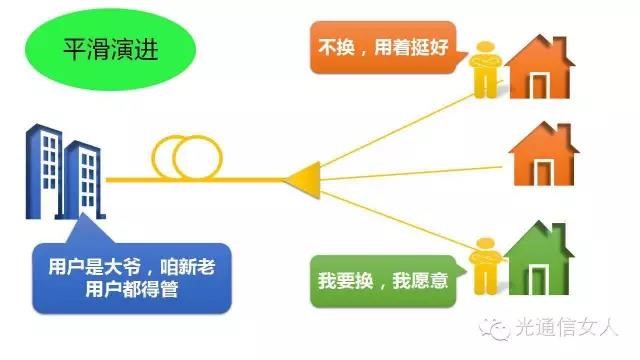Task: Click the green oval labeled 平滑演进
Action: click(x=110, y=49)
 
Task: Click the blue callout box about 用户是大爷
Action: click(x=132, y=278)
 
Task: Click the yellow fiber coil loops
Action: click(x=187, y=158)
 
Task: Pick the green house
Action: click(x=539, y=258)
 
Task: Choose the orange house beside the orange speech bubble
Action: click(x=540, y=67)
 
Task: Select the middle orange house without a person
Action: click(x=544, y=154)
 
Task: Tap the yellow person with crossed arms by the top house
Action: click(x=485, y=69)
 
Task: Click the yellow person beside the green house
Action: click(x=485, y=266)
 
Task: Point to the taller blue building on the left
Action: click(x=44, y=171)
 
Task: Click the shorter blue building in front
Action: click(x=83, y=180)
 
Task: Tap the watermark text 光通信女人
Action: click(x=567, y=327)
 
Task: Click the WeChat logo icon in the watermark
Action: click(x=495, y=328)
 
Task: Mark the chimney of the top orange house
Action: click(x=560, y=47)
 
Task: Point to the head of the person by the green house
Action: click(x=485, y=244)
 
